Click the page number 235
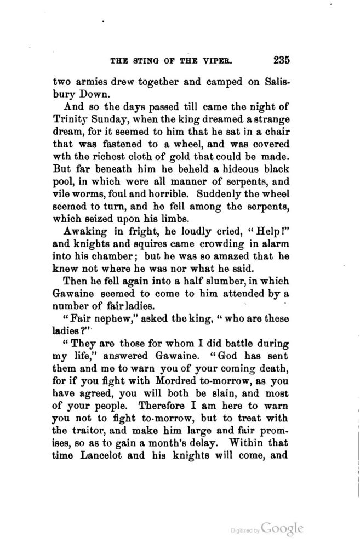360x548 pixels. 281,60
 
